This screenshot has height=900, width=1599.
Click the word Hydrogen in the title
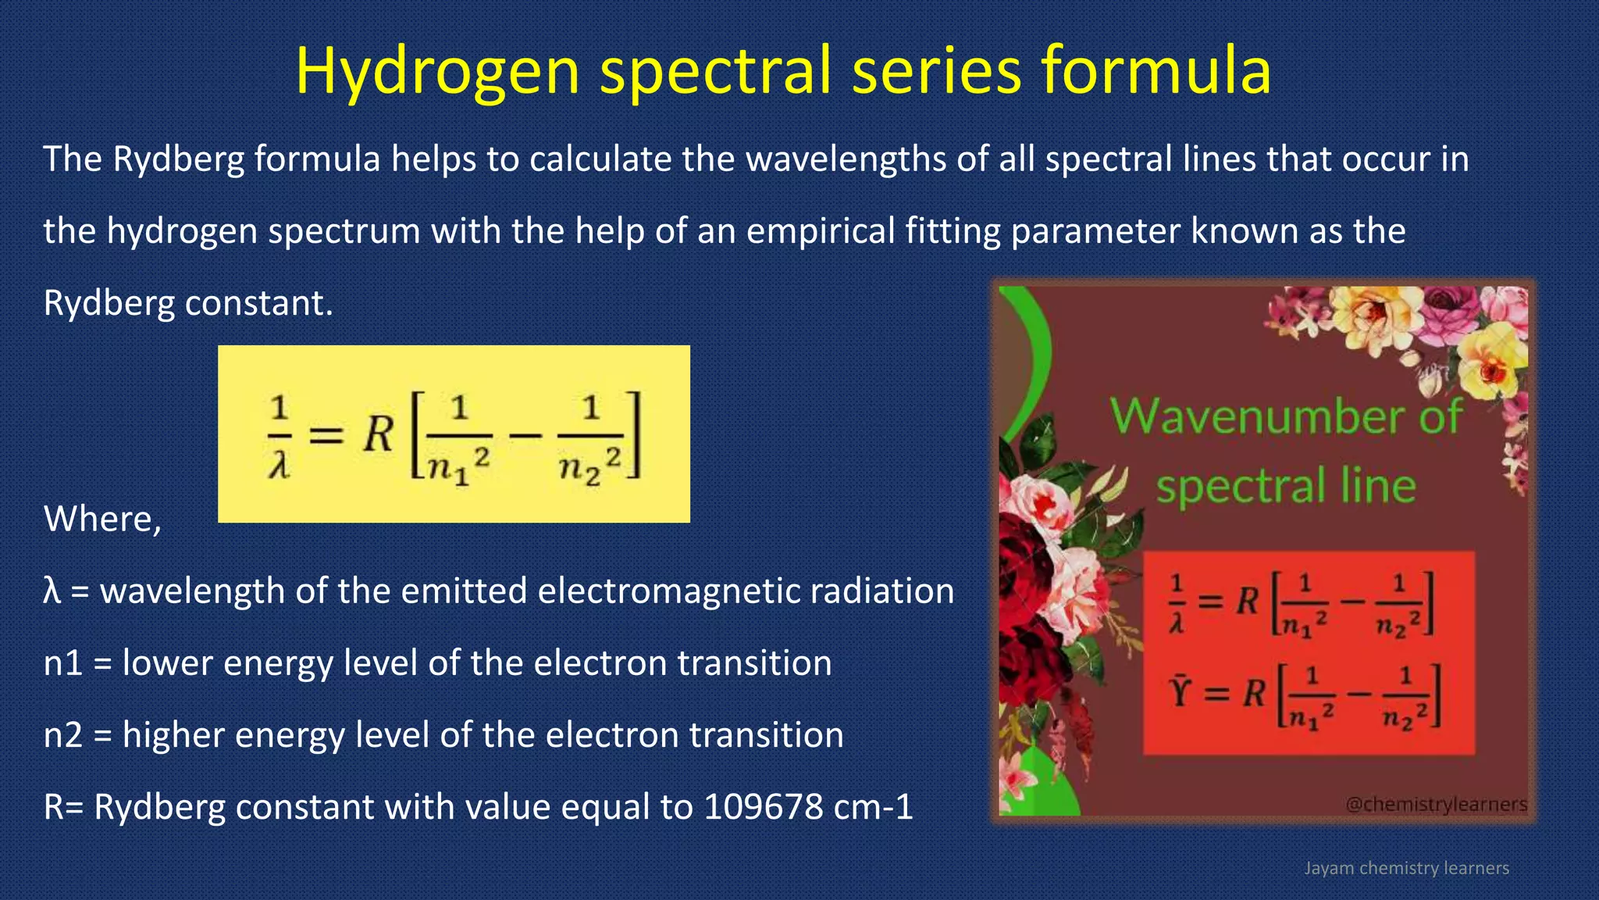[x=437, y=72]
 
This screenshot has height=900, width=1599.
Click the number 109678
[x=763, y=807]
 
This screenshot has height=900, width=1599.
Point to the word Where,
[x=102, y=519]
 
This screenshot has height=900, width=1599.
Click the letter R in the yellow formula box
[x=379, y=434]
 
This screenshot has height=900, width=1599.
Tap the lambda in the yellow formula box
[x=279, y=467]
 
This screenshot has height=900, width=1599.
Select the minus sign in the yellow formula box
[x=525, y=434]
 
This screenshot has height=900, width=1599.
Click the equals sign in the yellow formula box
[x=326, y=434]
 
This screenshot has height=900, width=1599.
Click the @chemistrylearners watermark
[x=1436, y=804]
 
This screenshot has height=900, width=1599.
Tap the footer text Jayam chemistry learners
[x=1406, y=868]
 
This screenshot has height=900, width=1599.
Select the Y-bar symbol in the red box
[x=1179, y=691]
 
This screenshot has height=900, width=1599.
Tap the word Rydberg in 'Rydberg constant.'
[x=109, y=303]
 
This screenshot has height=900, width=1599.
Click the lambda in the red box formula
[x=1177, y=623]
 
